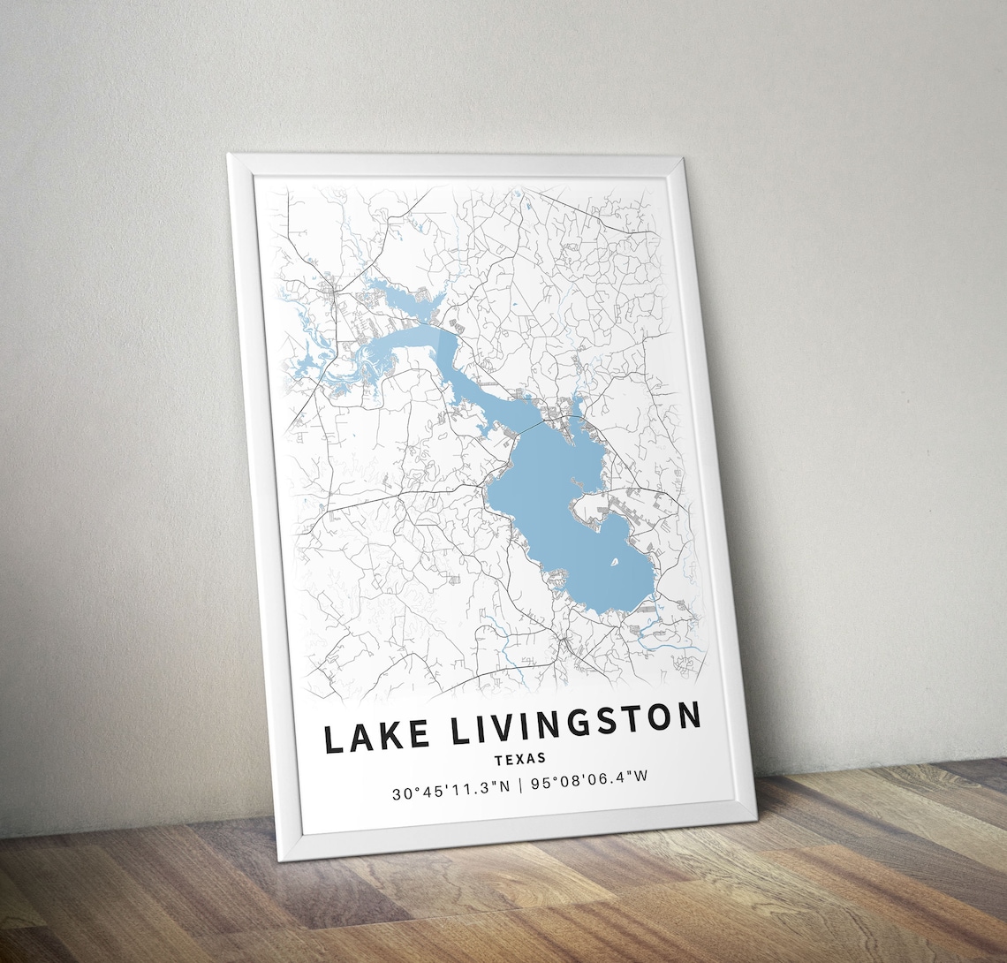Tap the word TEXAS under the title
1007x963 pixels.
(520, 758)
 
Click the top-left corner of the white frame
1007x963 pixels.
(230, 156)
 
